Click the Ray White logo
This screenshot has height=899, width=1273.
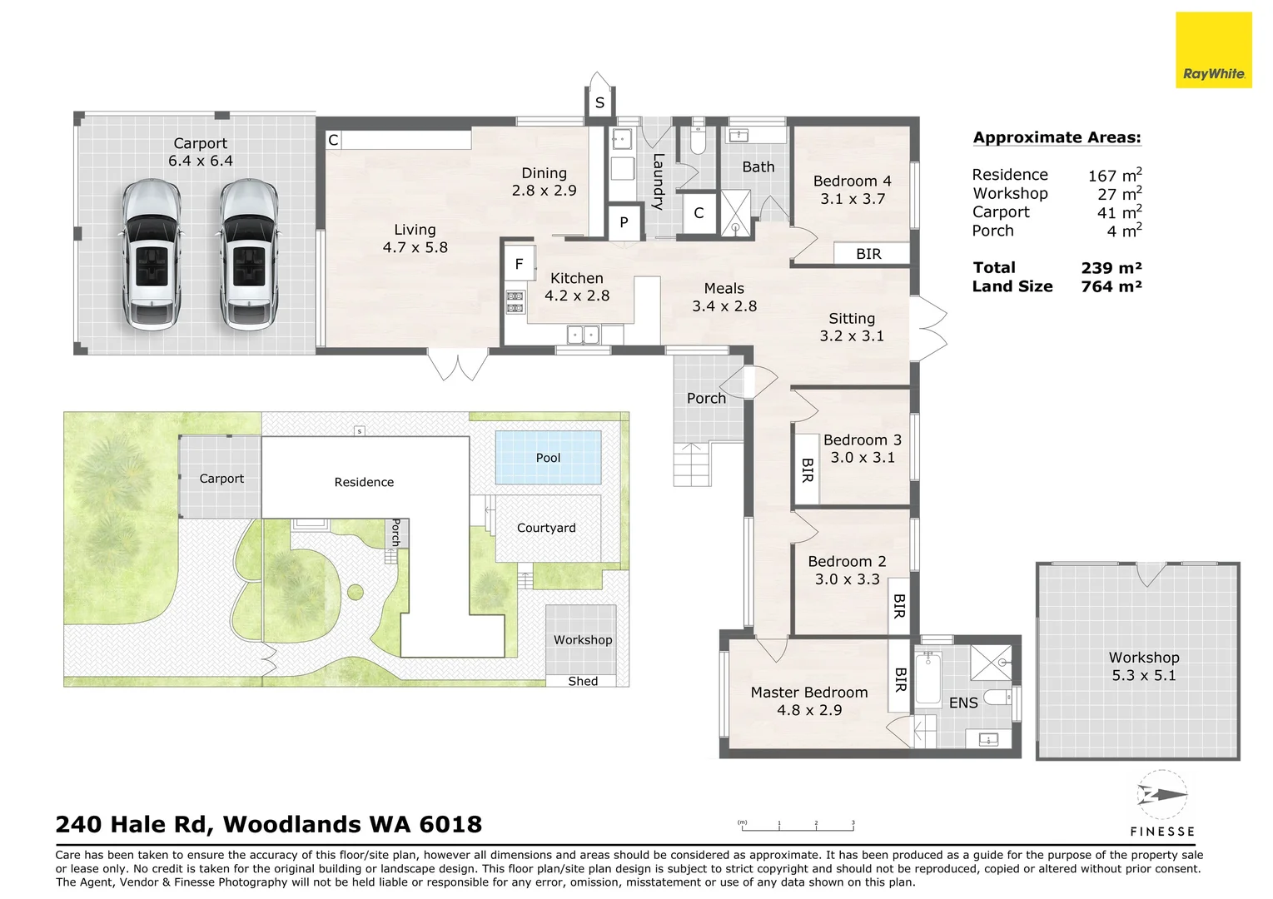[1214, 50]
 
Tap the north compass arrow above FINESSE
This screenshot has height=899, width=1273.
[1162, 794]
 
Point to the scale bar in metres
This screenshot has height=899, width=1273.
[796, 827]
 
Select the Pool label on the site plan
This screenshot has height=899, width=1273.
[548, 458]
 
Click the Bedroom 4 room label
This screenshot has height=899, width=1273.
[852, 181]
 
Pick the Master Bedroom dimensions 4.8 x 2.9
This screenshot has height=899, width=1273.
[809, 710]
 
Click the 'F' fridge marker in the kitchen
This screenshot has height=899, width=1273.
[519, 264]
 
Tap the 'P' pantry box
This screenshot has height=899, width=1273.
[624, 222]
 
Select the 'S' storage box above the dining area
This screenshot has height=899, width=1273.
[599, 103]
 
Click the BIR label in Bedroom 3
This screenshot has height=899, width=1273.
[807, 470]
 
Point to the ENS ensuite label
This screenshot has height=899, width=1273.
[963, 703]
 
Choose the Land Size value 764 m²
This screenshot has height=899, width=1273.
[1111, 286]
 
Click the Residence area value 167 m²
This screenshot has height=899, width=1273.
[1115, 175]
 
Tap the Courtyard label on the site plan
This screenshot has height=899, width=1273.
[546, 528]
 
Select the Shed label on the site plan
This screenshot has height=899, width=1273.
[583, 681]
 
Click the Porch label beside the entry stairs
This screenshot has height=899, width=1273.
[706, 399]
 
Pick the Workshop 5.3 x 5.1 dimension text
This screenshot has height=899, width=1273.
[1143, 675]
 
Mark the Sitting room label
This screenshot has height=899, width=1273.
[852, 319]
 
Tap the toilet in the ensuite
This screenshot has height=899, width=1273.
[998, 697]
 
